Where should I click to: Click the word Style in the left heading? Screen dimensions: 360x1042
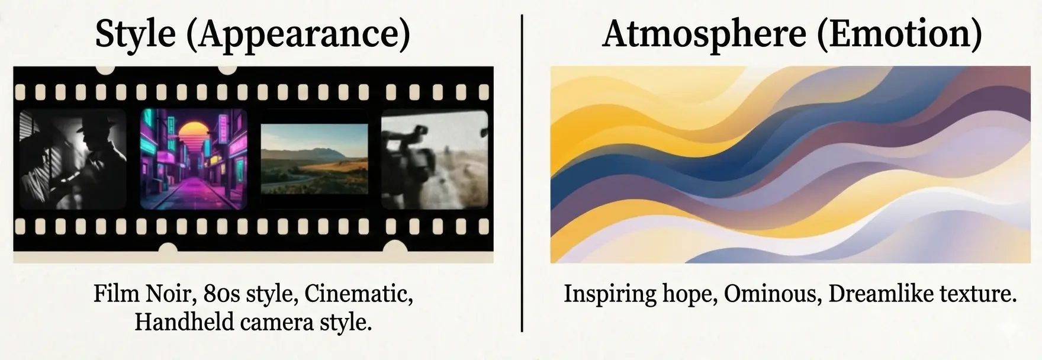coord(135,34)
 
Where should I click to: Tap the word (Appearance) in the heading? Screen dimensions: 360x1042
coord(298,34)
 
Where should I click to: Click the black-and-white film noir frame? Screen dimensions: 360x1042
coord(73,159)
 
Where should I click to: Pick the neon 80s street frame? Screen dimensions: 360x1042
coord(194,159)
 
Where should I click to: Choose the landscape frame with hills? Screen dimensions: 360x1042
coord(314,159)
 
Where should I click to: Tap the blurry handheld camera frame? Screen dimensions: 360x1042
coord(435,159)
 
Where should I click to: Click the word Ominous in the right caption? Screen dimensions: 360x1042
coord(772,294)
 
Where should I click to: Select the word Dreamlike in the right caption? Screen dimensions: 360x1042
coord(869,294)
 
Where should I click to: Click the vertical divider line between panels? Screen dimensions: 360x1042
coord(522,178)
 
